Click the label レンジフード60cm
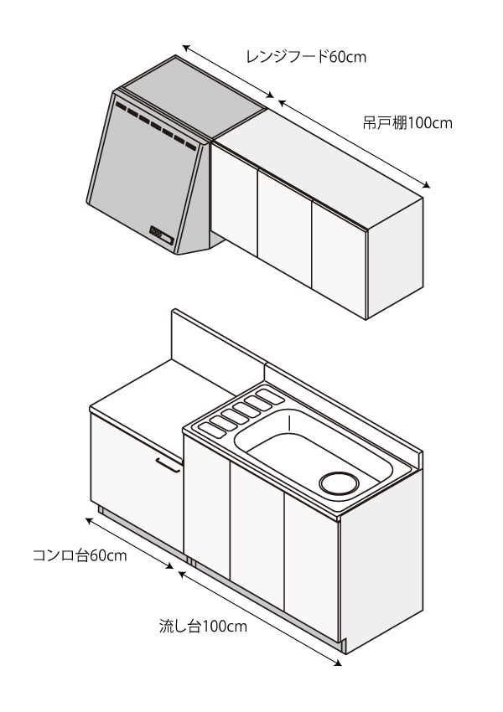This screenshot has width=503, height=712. point(306,57)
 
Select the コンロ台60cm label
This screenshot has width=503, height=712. point(80,555)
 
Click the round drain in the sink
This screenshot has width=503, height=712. point(338,483)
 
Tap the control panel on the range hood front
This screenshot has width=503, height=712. point(162,235)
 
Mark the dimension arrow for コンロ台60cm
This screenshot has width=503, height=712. point(134,544)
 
